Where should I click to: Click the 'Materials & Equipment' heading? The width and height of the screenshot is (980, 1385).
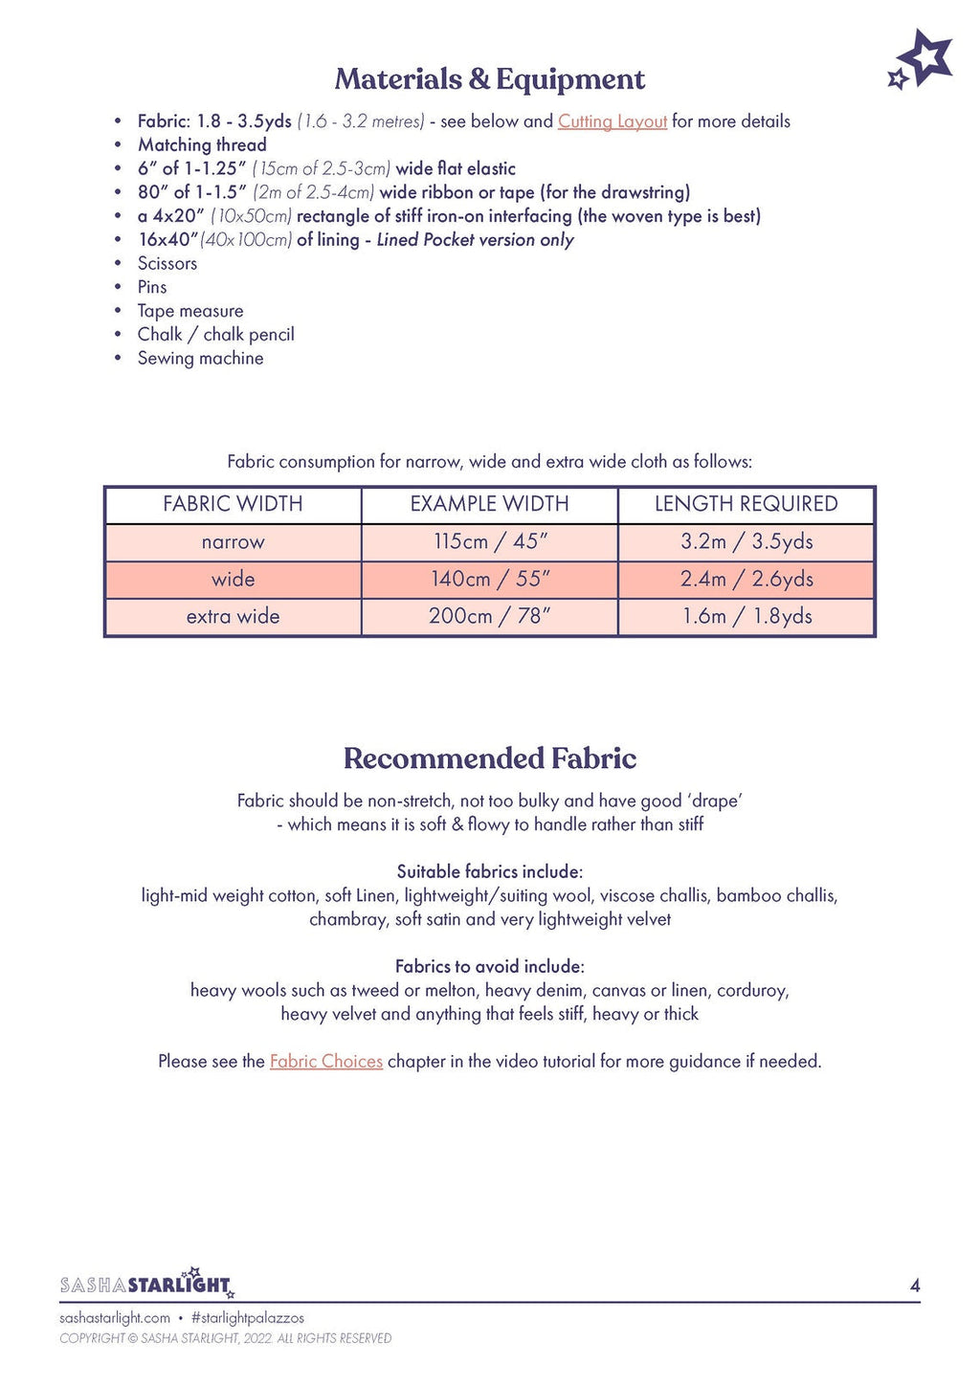point(489,79)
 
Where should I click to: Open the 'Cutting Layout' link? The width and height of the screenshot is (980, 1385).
point(612,121)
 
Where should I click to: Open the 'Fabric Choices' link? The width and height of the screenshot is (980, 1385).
point(325,1061)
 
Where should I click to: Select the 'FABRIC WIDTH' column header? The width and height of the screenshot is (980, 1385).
point(233,504)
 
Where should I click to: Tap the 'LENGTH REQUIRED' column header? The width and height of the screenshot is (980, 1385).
point(746,504)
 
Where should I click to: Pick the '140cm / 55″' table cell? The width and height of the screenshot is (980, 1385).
point(490,579)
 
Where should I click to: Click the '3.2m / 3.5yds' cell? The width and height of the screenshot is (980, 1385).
point(746,541)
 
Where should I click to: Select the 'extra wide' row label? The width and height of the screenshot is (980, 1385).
point(233,616)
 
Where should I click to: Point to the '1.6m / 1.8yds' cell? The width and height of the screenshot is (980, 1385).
point(746,616)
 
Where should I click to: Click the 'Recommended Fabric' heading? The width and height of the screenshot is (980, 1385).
point(489,758)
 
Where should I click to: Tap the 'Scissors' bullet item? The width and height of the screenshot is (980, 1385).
point(167,263)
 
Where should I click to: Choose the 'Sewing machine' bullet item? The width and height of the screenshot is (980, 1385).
point(200,358)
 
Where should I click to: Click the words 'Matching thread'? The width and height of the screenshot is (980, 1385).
point(202,144)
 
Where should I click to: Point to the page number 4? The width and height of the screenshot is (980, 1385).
point(914,1286)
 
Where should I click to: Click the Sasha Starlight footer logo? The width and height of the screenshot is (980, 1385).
point(146,1283)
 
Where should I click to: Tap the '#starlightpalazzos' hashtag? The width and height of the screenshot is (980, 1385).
point(247,1317)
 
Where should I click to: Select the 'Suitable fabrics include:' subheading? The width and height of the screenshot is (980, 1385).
point(489,871)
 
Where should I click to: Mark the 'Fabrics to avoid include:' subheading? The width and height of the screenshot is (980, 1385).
point(489,966)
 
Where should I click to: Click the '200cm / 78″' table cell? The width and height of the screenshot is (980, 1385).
point(490,616)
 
